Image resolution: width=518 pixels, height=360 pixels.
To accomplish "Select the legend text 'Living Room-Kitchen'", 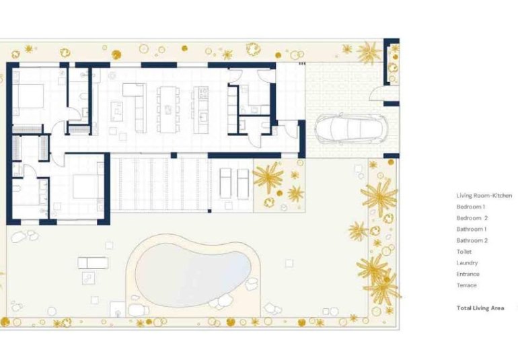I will coord(484,195).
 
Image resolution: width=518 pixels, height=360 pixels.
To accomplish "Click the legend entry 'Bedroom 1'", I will coord(470,207).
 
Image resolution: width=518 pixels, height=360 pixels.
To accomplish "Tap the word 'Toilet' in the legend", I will coord(464,252).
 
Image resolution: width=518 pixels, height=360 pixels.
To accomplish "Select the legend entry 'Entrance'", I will coord(468,274).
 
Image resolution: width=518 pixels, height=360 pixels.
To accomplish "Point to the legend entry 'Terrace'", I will coord(466,285).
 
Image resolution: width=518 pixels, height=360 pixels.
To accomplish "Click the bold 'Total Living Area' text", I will coord(480,308).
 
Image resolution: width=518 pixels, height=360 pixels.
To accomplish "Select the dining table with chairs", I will coord(168,108).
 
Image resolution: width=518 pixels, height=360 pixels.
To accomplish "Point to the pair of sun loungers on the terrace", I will coord(233,182).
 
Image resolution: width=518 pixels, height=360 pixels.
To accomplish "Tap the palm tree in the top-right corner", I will coord(368,52).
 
